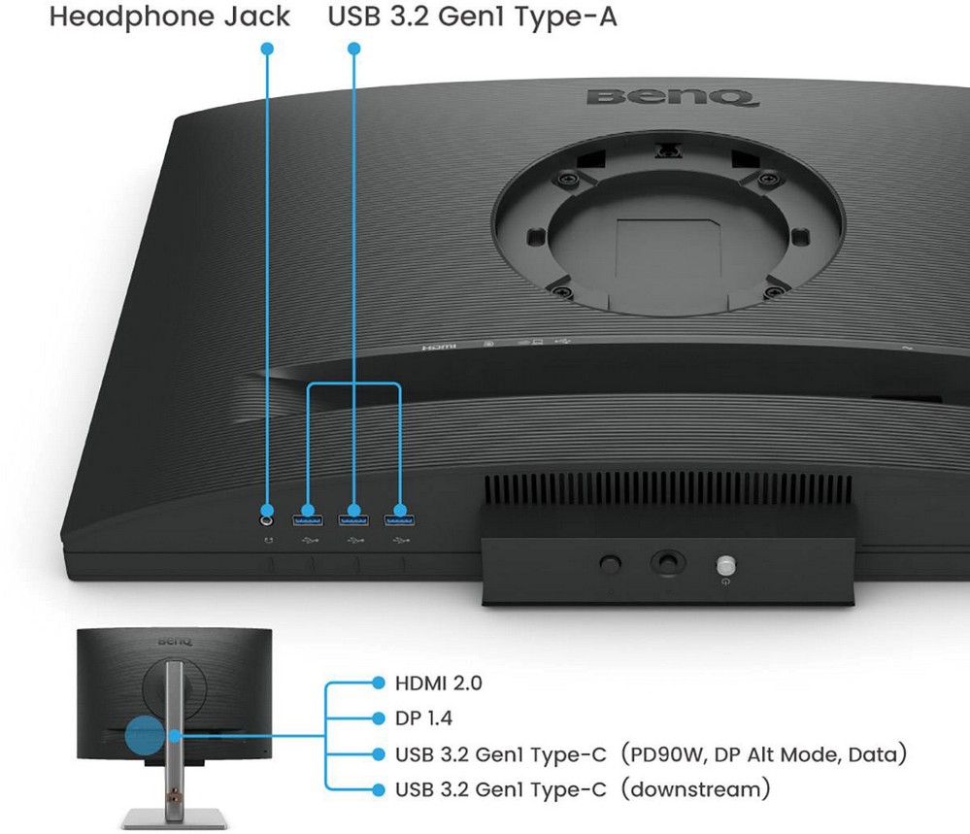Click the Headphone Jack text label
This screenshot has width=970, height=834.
click(170, 17)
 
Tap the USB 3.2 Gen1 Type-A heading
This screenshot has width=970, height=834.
click(473, 17)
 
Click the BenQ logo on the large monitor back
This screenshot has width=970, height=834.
click(671, 97)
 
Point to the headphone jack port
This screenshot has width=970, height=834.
click(267, 520)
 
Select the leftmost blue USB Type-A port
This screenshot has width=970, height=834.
click(308, 519)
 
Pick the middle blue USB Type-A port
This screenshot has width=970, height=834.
click(353, 519)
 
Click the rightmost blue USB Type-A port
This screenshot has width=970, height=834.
click(400, 519)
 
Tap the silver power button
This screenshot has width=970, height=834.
click(725, 565)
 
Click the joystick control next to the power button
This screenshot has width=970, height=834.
click(668, 562)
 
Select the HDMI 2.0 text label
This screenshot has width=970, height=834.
click(439, 684)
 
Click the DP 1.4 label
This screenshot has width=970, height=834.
click(423, 718)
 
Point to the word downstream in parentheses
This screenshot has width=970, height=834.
click(696, 789)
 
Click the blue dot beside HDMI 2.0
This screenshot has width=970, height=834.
click(379, 684)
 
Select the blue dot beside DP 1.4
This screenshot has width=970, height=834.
click(379, 718)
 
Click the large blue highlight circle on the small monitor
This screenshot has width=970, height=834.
click(146, 736)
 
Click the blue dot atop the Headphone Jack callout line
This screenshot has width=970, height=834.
click(267, 49)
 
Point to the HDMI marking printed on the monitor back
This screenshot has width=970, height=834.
click(439, 347)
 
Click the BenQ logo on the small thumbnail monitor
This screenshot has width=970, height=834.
click(175, 641)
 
